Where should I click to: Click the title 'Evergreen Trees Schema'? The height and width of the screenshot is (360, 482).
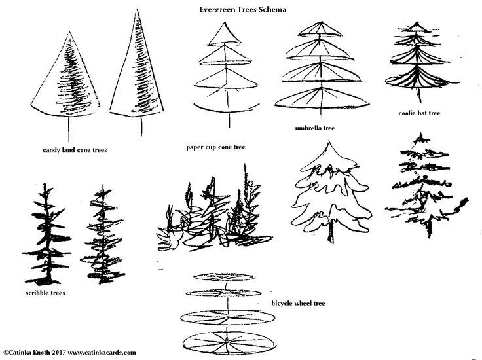(243, 9)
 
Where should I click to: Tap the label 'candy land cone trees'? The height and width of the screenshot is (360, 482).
(75, 150)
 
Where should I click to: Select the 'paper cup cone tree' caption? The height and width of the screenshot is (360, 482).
(216, 147)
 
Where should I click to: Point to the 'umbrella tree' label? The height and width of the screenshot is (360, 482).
(315, 128)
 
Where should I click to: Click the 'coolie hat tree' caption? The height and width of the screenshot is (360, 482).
(419, 113)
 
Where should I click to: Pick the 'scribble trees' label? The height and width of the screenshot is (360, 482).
(45, 293)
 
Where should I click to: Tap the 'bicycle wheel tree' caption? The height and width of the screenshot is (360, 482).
(298, 303)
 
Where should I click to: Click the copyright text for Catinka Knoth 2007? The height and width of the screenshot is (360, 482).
(69, 352)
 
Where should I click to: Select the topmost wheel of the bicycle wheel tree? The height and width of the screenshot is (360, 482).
(225, 277)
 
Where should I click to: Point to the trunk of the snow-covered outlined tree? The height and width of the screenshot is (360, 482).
(331, 230)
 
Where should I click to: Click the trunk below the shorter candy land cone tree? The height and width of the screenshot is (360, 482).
(69, 128)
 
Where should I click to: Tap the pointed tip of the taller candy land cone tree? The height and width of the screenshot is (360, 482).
(138, 10)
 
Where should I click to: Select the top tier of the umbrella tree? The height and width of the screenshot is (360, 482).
(321, 29)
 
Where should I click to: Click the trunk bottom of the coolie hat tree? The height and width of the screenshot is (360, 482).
(420, 101)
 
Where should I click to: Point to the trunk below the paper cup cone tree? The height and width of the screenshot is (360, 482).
(229, 120)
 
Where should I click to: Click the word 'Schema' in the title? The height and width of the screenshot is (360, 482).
(272, 9)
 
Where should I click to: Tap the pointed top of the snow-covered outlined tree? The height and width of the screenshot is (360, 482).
(329, 142)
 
